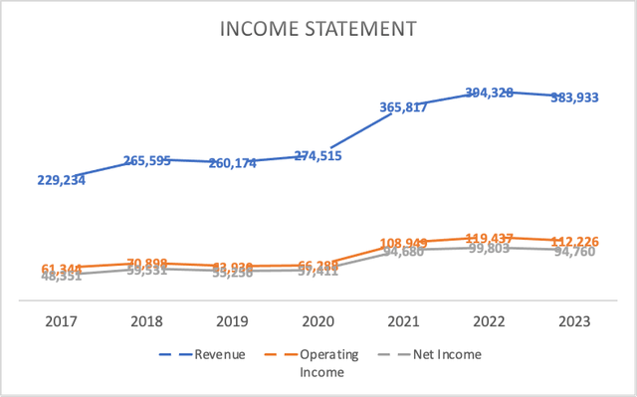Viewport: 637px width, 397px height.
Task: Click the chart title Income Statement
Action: point(318,31)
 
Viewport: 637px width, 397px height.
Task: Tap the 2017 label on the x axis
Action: point(63,321)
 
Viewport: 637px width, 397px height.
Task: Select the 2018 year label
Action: point(147,321)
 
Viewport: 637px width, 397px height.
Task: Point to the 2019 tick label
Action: point(232,321)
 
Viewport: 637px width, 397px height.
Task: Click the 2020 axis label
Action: point(318,321)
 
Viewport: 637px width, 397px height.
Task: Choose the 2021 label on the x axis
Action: point(402,321)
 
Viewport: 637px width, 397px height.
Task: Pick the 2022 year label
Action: point(488,321)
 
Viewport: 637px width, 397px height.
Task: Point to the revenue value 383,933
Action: point(575,99)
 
